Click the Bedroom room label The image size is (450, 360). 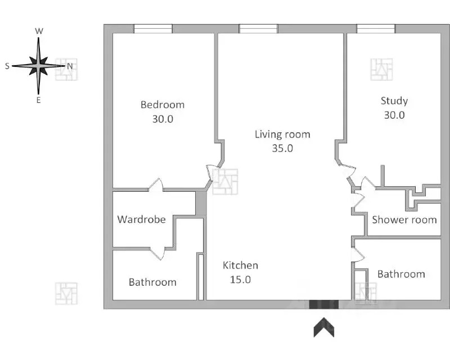click(x=162, y=105)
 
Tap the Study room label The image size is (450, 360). click(x=394, y=101)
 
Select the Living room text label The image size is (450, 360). click(x=282, y=134)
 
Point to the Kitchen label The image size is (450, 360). click(x=240, y=265)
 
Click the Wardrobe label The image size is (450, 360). click(x=141, y=219)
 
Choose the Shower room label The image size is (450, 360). click(x=404, y=220)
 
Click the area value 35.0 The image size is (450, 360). click(x=282, y=148)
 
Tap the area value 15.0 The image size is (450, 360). click(x=240, y=280)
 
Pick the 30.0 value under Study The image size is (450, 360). click(x=394, y=115)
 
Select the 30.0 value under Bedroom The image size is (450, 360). click(x=162, y=119)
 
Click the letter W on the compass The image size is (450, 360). click(x=39, y=31)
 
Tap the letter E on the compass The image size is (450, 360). click(x=38, y=100)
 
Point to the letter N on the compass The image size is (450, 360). click(x=70, y=66)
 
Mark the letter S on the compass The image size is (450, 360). click(x=7, y=66)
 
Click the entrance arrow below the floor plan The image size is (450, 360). click(x=323, y=327)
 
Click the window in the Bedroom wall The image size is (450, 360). click(x=152, y=29)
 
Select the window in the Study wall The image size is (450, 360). click(x=375, y=29)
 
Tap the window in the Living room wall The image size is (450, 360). click(x=258, y=29)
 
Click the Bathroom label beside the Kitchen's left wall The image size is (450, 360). click(x=152, y=282)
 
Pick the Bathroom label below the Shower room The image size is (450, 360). click(x=400, y=274)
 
